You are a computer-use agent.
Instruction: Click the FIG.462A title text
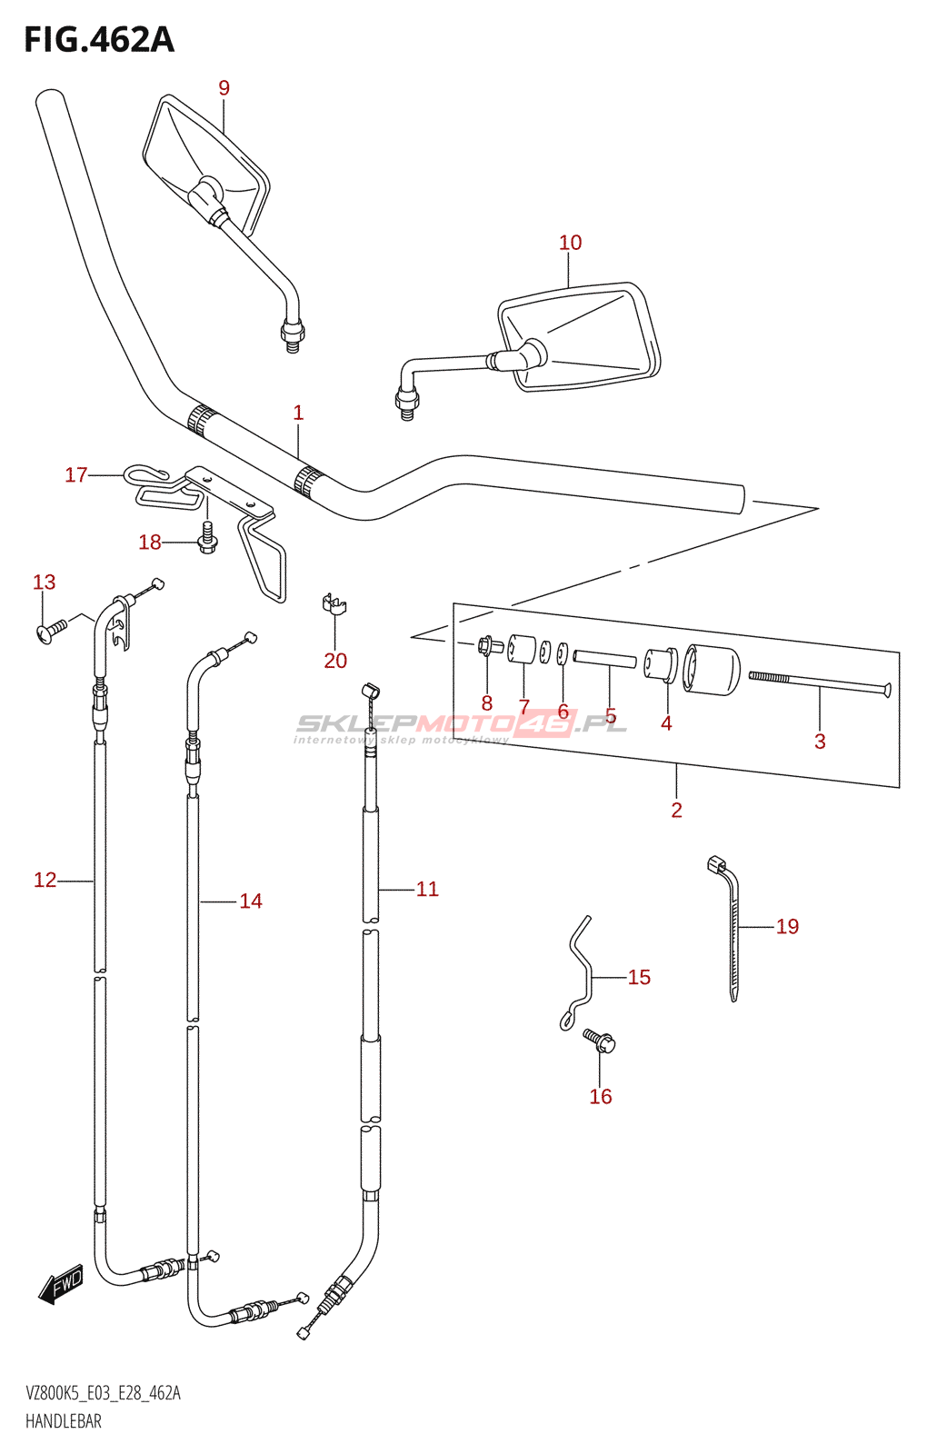tap(99, 40)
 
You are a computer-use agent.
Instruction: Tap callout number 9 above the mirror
tap(224, 87)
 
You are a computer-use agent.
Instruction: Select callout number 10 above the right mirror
tap(570, 243)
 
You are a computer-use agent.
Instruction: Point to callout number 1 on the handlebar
tap(298, 413)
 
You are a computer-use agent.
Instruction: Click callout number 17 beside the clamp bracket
tap(76, 475)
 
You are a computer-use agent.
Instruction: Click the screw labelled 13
tap(52, 631)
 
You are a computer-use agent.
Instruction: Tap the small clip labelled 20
tap(334, 603)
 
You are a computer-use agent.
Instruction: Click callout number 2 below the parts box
tap(676, 810)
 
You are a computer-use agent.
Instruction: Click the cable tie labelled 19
tap(731, 929)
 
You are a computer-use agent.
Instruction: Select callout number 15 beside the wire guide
tap(639, 977)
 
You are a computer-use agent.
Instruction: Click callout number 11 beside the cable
tap(427, 889)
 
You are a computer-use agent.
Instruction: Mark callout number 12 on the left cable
tap(45, 881)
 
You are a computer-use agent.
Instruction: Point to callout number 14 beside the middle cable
tap(251, 901)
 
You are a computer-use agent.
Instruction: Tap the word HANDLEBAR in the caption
tap(64, 1421)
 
